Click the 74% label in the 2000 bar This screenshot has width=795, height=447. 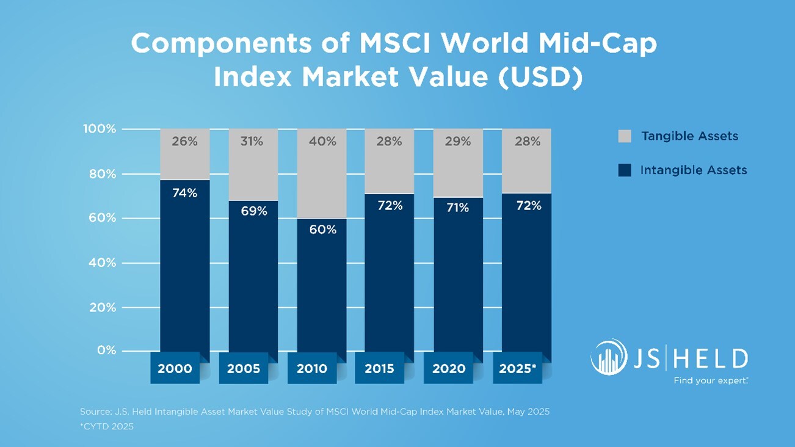tap(184, 193)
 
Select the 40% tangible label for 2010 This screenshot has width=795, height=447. tap(322, 142)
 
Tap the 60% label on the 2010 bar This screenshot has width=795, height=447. tap(322, 230)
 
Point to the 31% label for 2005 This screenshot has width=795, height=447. tap(252, 142)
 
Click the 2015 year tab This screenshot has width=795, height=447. tap(379, 369)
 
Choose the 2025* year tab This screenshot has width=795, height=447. tap(517, 369)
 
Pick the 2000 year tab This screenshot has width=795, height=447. tap(175, 369)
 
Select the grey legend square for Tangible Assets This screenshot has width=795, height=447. tap(625, 136)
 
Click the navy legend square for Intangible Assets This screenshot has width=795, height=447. tap(625, 170)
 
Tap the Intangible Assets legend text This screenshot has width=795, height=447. tap(694, 170)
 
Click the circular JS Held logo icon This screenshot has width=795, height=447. tap(608, 357)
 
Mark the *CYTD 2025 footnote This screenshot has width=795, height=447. tap(107, 426)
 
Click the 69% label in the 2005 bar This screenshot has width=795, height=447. tap(253, 211)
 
